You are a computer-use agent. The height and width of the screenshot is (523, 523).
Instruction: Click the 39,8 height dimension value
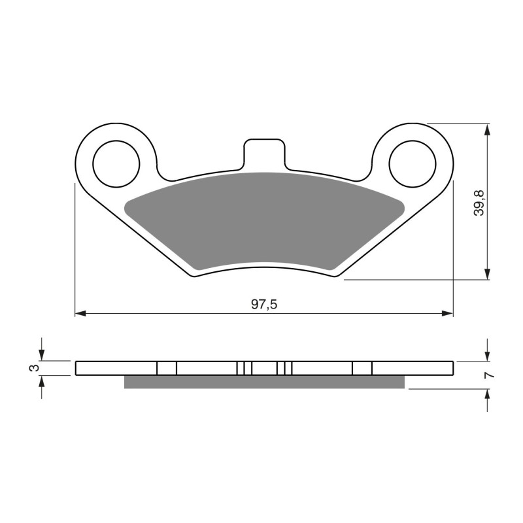[x=480, y=201]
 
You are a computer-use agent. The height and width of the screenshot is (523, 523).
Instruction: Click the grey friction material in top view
[x=264, y=219]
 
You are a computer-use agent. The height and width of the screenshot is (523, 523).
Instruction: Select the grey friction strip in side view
[x=264, y=382]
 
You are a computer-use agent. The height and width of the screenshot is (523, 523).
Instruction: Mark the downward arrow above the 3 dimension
[x=42, y=355]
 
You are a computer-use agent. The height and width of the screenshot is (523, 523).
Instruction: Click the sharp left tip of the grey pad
[x=126, y=207]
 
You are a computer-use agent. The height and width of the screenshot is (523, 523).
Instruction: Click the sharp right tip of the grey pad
[x=403, y=207]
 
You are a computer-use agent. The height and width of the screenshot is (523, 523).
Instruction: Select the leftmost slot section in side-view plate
[x=167, y=368]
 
